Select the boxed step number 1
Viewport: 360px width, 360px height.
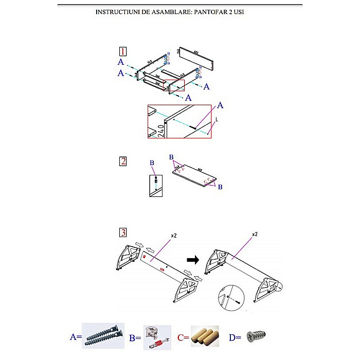coord(123,51)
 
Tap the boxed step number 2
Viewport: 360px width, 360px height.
coord(123,161)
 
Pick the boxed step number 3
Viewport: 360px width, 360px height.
coord(123,232)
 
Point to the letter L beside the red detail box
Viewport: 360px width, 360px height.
coord(217,119)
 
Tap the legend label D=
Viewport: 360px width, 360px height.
coord(235,337)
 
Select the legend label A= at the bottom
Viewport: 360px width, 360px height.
coord(76,337)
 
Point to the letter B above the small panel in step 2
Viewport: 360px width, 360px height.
coord(152,164)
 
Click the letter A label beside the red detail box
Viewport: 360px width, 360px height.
coord(221,105)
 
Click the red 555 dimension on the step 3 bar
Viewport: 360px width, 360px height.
coord(162,268)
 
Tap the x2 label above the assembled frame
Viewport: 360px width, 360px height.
coord(255,234)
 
